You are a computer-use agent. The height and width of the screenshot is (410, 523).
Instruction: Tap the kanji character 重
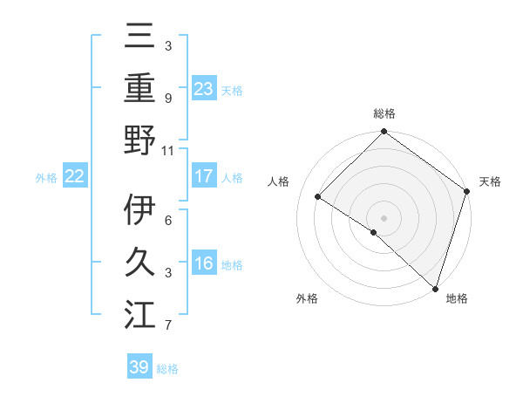click(139, 86)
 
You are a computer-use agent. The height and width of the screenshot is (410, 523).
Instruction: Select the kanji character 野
click(139, 139)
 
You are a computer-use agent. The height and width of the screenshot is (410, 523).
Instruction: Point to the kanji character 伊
click(139, 209)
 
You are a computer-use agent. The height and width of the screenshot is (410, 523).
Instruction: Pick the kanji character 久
click(139, 263)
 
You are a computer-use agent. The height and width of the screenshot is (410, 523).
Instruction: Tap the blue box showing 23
click(204, 88)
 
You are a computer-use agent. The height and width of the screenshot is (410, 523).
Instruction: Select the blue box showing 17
click(204, 176)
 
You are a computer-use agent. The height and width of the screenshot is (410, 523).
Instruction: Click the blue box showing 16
click(204, 264)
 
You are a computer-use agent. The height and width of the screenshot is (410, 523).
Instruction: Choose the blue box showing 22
click(75, 176)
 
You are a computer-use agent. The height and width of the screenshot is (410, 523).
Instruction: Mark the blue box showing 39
click(139, 367)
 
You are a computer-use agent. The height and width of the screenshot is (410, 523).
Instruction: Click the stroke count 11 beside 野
click(168, 150)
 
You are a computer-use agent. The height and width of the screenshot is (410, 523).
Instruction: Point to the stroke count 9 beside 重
click(168, 98)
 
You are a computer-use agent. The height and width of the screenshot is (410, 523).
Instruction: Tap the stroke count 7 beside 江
click(168, 326)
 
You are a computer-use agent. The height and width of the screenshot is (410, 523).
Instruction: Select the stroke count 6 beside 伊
click(168, 221)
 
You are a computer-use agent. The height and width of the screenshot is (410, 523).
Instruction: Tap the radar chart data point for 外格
click(374, 232)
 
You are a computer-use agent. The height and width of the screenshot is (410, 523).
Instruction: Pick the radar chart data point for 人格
click(318, 197)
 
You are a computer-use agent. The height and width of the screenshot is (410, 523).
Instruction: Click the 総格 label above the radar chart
click(384, 113)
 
